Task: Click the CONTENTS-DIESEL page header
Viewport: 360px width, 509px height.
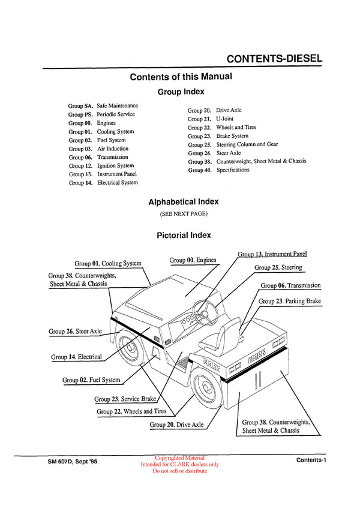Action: coord(275,59)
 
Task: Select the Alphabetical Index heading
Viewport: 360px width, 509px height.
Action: coord(183,202)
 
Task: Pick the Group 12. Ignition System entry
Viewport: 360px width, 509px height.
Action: coord(101,165)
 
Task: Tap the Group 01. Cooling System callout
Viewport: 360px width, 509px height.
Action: coord(108,263)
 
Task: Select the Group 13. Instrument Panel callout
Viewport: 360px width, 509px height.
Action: coord(272,254)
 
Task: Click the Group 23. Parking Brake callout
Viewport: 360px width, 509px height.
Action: coord(289,301)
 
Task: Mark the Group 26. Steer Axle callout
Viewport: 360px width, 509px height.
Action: coord(75,331)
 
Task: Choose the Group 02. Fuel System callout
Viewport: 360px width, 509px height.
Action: coord(91,380)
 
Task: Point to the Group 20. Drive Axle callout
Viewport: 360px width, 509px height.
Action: coord(176,424)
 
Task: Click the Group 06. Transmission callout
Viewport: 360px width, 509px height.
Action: coord(290,285)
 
